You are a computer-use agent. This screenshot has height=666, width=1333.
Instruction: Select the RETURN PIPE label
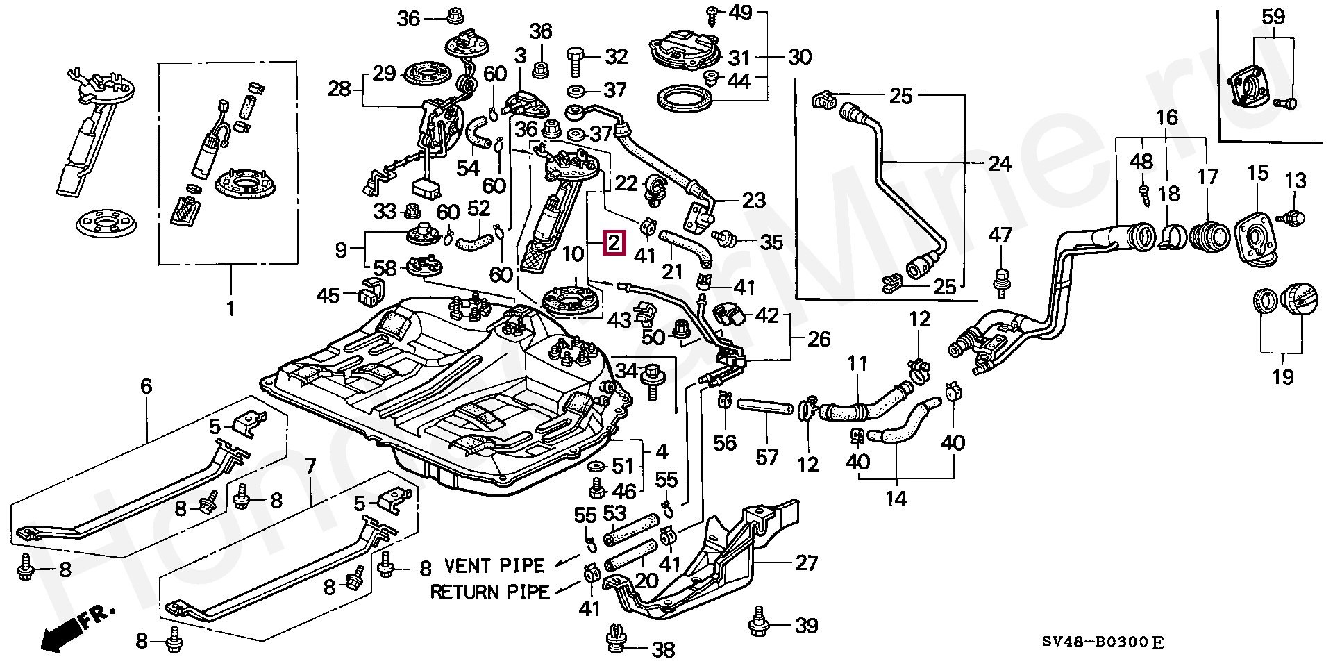pyautogui.click(x=489, y=592)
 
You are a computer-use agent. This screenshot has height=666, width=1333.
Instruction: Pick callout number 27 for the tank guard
pyautogui.click(x=806, y=563)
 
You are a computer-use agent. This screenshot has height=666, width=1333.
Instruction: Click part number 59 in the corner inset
pyautogui.click(x=1273, y=17)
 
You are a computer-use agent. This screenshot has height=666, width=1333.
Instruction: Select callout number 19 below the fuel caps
pyautogui.click(x=1283, y=377)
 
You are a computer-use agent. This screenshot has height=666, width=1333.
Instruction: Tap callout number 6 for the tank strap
pyautogui.click(x=146, y=387)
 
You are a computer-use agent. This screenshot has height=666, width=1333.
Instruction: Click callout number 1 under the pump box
pyautogui.click(x=230, y=308)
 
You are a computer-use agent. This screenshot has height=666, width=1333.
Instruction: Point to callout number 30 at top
pyautogui.click(x=800, y=56)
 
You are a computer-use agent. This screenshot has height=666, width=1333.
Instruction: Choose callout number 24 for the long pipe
pyautogui.click(x=1000, y=164)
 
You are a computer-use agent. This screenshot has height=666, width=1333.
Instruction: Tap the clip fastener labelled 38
pyautogui.click(x=614, y=640)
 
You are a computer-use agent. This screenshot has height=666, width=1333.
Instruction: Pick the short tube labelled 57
pyautogui.click(x=767, y=406)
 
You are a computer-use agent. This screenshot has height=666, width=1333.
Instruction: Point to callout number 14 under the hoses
pyautogui.click(x=896, y=498)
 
